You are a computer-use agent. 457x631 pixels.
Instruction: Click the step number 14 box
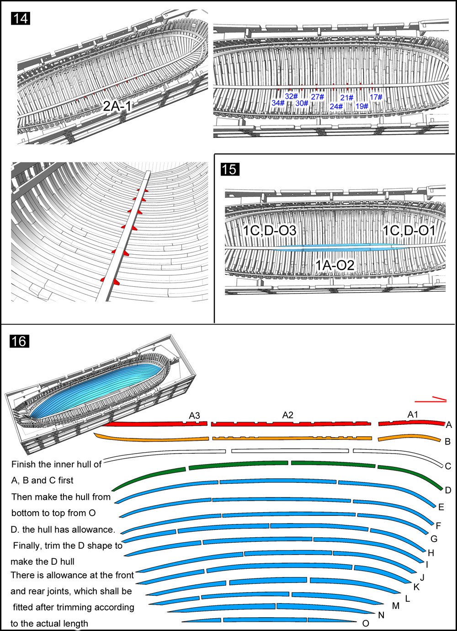20,19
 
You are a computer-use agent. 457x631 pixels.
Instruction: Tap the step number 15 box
229,169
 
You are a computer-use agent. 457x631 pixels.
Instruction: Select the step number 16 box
19,341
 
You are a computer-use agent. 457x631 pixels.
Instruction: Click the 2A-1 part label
117,107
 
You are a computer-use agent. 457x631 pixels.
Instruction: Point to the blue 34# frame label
278,103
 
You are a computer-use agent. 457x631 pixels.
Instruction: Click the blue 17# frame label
376,97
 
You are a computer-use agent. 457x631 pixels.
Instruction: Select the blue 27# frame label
318,97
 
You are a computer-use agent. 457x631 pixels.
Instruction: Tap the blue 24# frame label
336,107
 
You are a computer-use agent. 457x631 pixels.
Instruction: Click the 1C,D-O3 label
269,230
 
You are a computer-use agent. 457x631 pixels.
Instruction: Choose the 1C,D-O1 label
409,230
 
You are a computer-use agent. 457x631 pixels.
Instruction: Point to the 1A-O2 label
335,265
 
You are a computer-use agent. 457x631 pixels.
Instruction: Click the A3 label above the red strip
195,416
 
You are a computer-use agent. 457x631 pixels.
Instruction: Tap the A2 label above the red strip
287,415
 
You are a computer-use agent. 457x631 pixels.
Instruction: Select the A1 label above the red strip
413,414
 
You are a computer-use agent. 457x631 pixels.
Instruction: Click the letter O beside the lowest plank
366,623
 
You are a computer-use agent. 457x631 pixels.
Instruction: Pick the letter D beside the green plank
448,490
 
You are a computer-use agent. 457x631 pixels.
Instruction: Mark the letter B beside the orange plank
448,441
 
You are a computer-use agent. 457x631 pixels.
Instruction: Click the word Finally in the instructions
27,545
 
